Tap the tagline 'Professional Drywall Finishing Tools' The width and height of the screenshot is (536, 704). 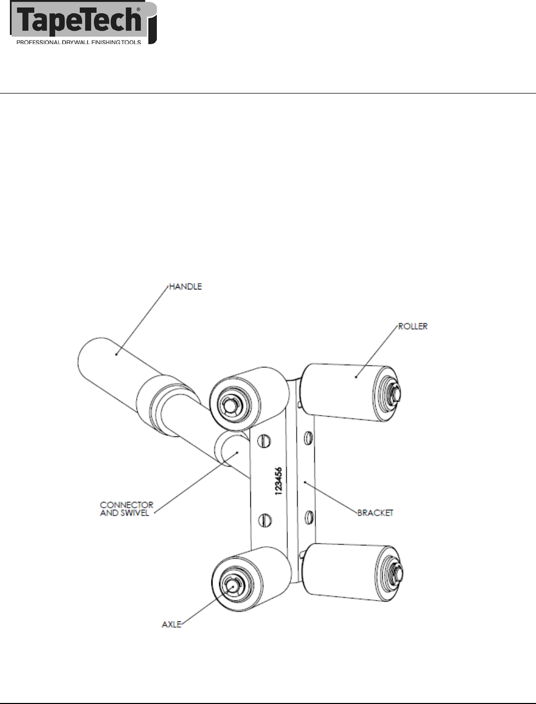point(79,43)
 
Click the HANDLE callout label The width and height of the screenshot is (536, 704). point(185,286)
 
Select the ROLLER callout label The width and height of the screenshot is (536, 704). point(412,326)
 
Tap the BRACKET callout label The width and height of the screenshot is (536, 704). point(375,513)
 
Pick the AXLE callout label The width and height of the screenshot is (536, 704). point(171,624)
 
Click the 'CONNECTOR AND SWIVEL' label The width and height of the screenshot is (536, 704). point(127,509)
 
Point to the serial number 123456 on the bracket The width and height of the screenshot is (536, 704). point(278,483)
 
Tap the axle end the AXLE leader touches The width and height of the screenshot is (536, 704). point(233,584)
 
